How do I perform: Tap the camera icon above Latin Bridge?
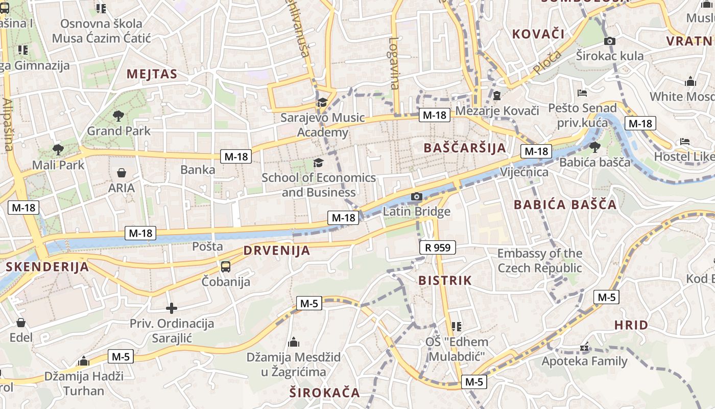[417, 196]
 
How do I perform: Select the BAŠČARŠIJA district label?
[465, 148]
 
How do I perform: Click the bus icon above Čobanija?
[226, 266]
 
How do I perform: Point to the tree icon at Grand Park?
[118, 116]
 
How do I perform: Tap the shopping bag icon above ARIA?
[122, 173]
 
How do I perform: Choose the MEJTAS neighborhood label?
[152, 74]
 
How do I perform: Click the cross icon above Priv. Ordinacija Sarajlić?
[172, 308]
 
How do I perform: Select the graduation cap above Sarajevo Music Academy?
[322, 102]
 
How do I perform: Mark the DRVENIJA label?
[277, 251]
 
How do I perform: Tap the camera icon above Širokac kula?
[609, 41]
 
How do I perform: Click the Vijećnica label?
[524, 172]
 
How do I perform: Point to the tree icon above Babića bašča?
[594, 147]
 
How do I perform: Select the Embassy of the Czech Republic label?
[540, 261]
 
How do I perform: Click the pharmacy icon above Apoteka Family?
[584, 348]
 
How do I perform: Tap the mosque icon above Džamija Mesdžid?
[294, 342]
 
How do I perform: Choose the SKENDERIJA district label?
[47, 267]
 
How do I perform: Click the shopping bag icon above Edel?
[21, 323]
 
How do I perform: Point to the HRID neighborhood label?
[631, 325]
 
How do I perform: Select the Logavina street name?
[394, 63]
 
